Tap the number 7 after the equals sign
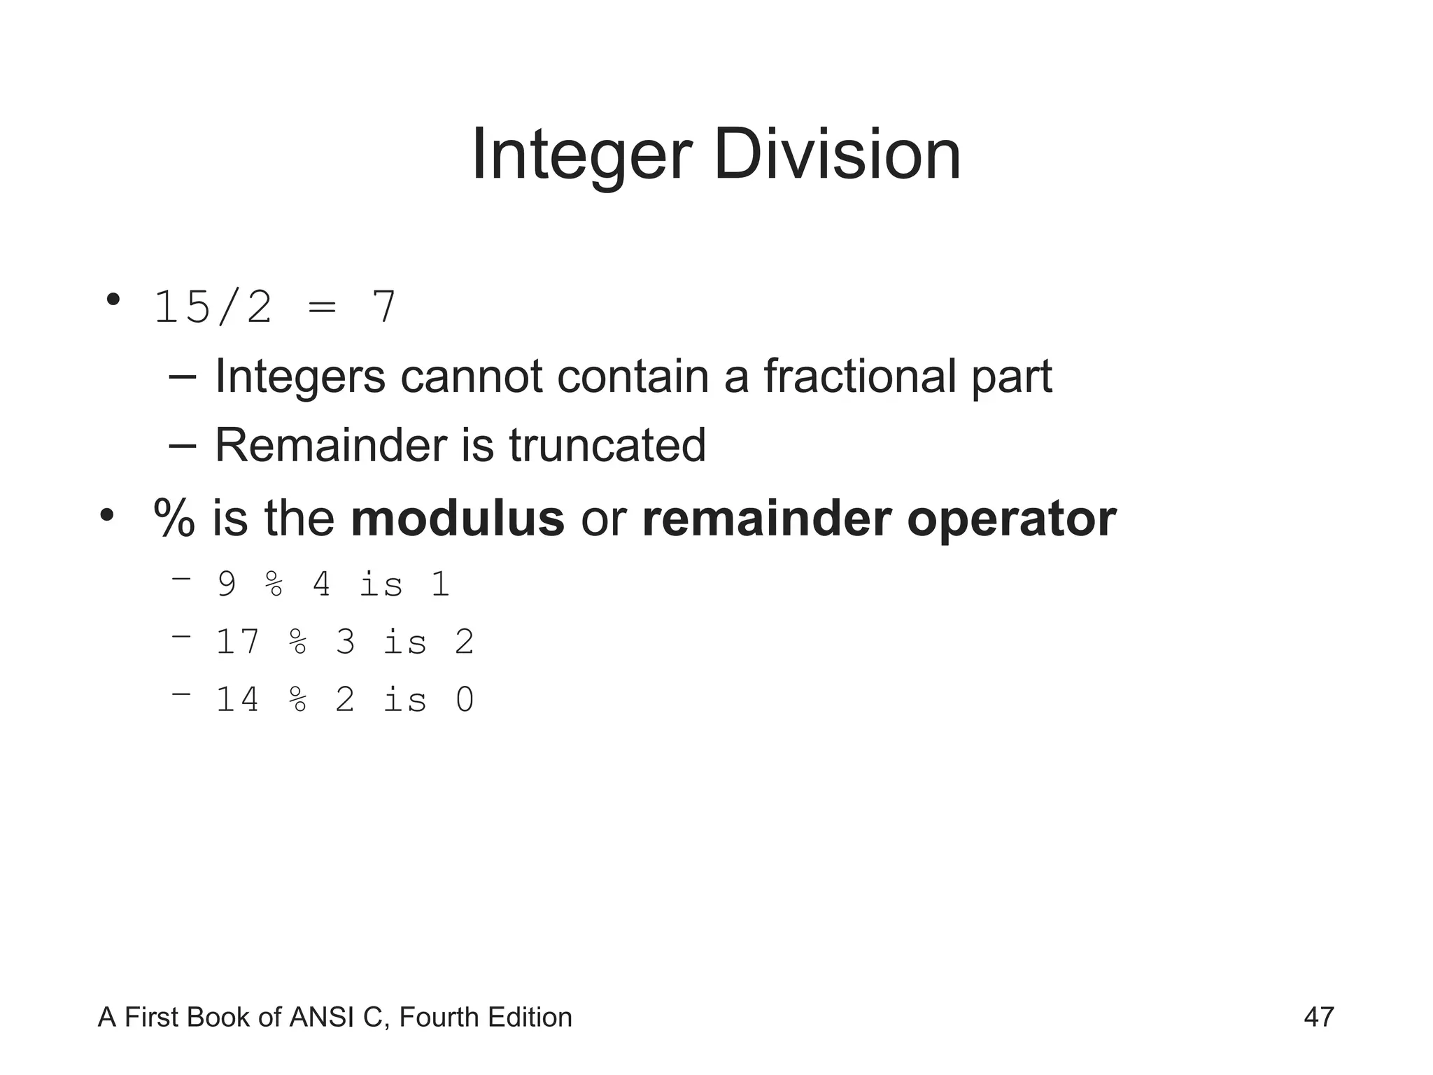pos(383,307)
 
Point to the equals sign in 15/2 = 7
pos(322,308)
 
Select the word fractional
pos(859,377)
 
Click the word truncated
pos(607,445)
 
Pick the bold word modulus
pos(457,519)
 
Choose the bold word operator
pos(1011,519)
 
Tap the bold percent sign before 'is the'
pos(174,519)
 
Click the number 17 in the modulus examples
pos(238,642)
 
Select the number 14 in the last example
pos(238,700)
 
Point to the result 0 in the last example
pos(465,700)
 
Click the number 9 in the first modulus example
pos(227,584)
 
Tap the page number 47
pos(1319,1017)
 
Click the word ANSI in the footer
pos(321,1017)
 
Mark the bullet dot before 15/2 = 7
pos(113,300)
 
